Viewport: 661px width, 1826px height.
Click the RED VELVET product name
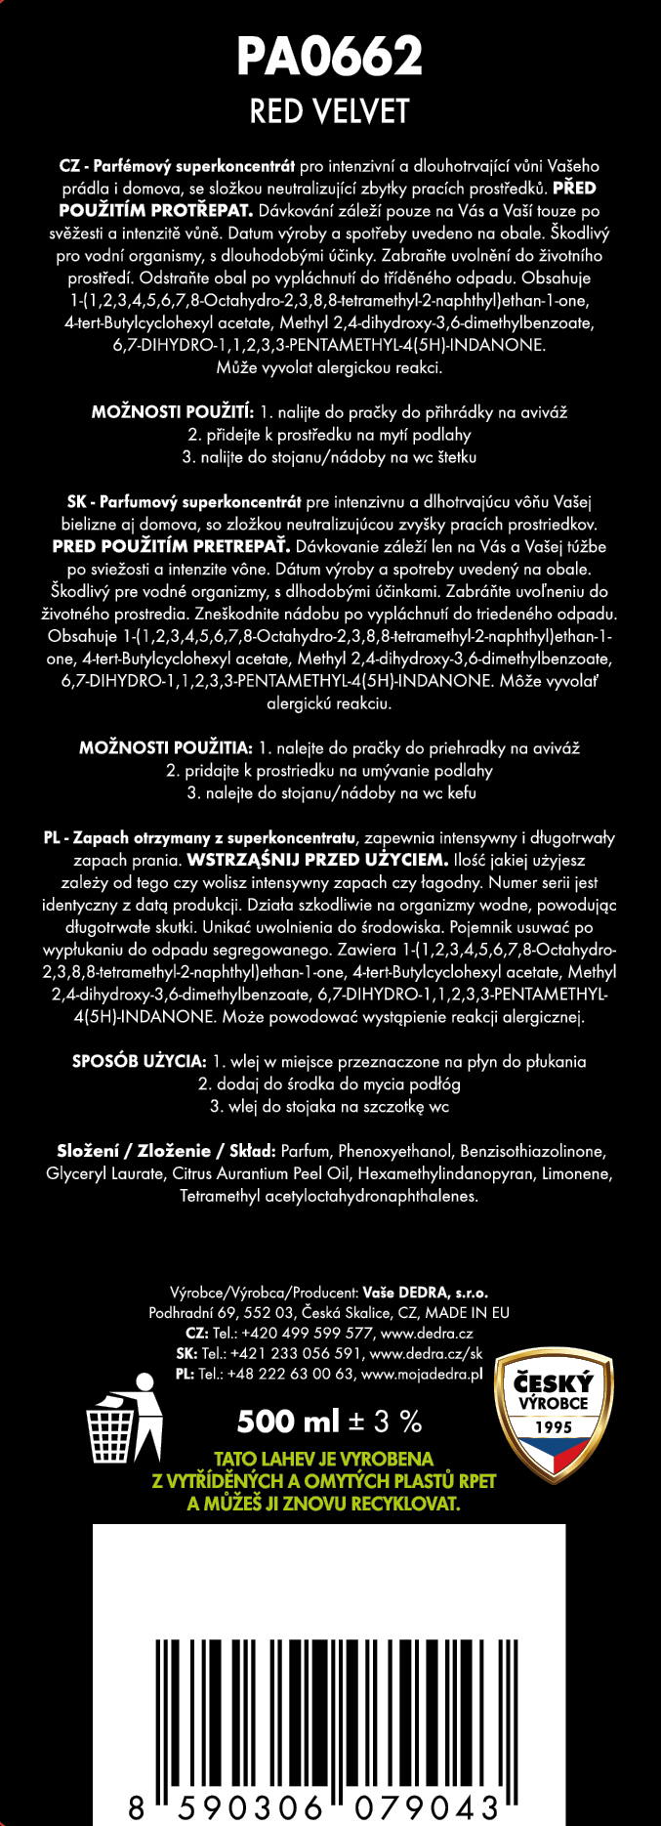330,111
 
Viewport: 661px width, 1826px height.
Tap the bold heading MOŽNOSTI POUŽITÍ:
173,412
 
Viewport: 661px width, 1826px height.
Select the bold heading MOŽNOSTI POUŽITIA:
166,748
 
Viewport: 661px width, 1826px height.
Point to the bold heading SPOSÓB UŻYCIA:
140,1062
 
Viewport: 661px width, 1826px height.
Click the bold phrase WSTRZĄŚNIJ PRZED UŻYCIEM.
317,861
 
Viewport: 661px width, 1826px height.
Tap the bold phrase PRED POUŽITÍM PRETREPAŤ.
171,547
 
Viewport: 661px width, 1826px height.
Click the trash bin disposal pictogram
124,1420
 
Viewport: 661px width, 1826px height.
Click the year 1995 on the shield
553,1427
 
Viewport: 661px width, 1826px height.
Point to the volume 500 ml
287,1421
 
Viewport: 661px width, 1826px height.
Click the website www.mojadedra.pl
422,1375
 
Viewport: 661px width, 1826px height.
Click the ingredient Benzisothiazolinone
532,1152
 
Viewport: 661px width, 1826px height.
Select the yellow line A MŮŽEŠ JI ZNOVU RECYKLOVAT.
323,1504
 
